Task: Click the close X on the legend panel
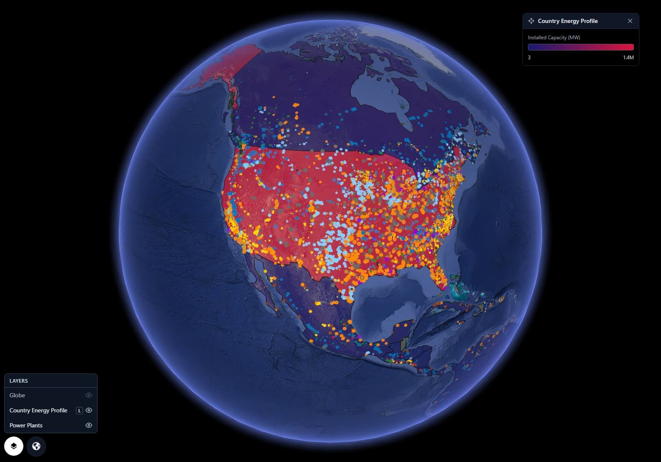tap(630, 21)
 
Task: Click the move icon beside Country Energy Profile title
tap(531, 21)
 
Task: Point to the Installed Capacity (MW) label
tap(554, 38)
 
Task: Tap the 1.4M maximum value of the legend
tap(628, 58)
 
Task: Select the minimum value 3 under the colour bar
tap(529, 58)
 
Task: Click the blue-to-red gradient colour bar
tap(581, 47)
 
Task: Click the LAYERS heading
tap(19, 381)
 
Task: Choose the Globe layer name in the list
tap(18, 395)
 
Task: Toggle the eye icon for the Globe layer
tap(88, 395)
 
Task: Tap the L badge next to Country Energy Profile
tap(79, 411)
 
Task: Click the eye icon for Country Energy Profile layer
tap(88, 410)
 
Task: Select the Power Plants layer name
tap(26, 425)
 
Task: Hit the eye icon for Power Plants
tap(88, 425)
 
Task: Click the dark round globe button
tap(36, 446)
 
